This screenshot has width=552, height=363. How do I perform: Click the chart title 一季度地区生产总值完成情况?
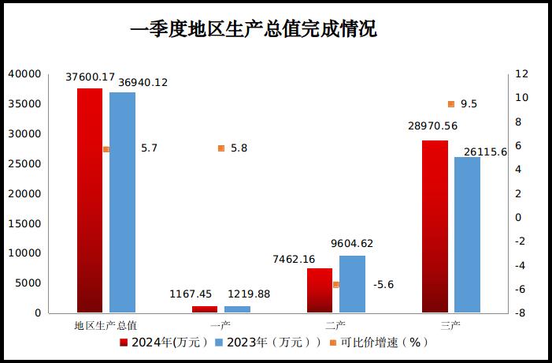click(254, 30)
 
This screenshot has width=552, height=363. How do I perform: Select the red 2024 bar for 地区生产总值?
click(90, 200)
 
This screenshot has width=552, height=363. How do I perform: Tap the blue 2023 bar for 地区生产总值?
click(122, 202)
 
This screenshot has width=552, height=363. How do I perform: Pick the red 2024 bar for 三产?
click(435, 226)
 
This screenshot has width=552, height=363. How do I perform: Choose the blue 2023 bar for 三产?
click(467, 234)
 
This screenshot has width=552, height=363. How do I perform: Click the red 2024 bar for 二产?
click(320, 290)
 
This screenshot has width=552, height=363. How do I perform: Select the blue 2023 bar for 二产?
click(352, 284)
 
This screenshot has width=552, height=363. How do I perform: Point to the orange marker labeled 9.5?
click(451, 104)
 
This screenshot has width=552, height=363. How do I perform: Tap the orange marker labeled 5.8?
click(221, 148)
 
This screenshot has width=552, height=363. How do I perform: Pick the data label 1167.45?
click(191, 294)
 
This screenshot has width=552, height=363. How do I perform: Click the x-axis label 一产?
click(221, 325)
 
